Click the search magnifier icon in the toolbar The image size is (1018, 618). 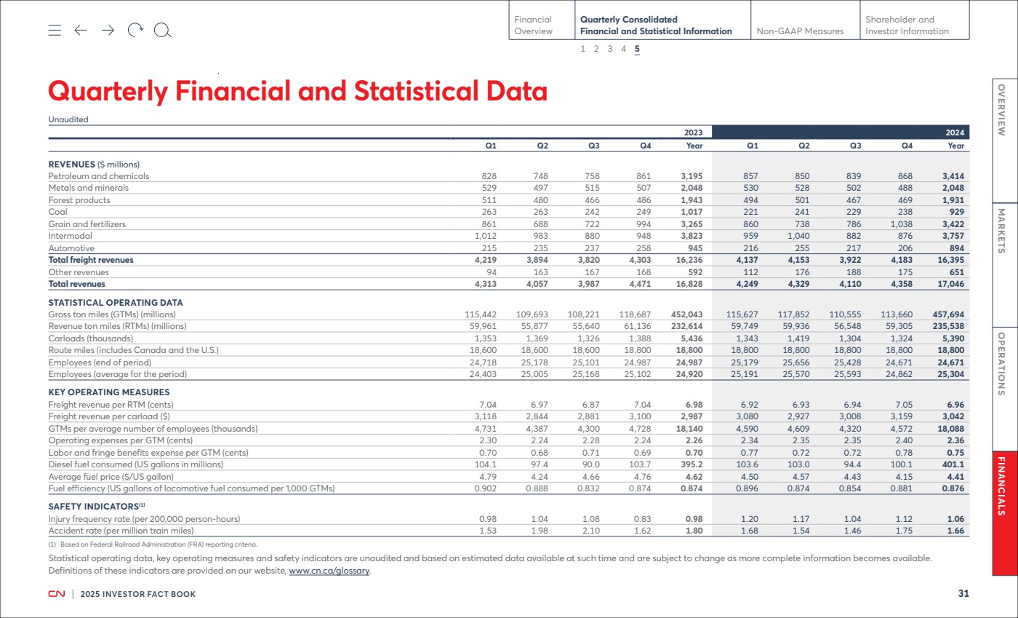[163, 31]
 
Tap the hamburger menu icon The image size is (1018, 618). [55, 30]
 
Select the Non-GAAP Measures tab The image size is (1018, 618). [800, 31]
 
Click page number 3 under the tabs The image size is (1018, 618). [610, 49]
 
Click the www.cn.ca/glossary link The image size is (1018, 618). [329, 571]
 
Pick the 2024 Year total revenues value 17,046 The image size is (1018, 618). [950, 284]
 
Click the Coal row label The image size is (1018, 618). [57, 212]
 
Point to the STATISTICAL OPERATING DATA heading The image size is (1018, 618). [116, 303]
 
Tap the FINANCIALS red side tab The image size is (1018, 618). [1004, 513]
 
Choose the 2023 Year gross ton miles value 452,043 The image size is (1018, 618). [686, 314]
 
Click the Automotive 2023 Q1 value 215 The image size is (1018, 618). [489, 248]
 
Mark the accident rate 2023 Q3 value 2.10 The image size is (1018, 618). [590, 531]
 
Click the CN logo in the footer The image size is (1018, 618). [57, 594]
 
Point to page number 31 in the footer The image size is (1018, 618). [963, 593]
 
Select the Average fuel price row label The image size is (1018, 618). [111, 477]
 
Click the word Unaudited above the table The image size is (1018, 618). [68, 119]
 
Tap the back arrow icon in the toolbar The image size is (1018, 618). [81, 30]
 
